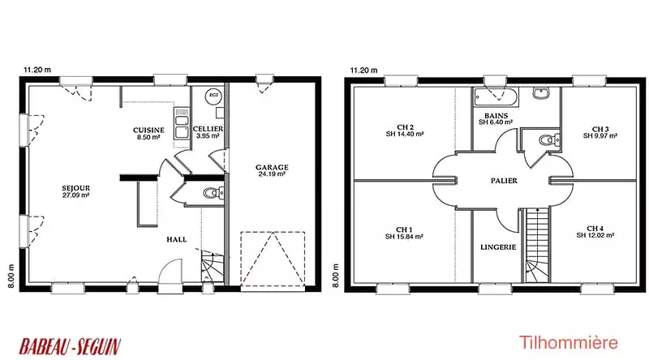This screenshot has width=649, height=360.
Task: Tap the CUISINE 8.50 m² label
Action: (x=148, y=133)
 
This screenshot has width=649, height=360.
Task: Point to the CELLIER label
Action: (x=208, y=129)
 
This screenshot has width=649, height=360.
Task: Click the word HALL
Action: (x=177, y=239)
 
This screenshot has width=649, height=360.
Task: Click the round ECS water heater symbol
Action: (x=213, y=96)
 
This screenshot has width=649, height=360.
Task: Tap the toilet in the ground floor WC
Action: (x=213, y=192)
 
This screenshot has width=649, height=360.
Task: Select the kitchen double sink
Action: (x=182, y=123)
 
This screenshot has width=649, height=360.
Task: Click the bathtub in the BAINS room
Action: (x=496, y=97)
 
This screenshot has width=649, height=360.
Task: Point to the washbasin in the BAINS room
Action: (x=541, y=93)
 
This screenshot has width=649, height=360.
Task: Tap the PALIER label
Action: (x=504, y=181)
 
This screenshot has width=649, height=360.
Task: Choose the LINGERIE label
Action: (x=498, y=247)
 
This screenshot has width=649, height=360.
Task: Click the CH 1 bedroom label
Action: (x=404, y=229)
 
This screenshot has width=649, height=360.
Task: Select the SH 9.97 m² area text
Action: (x=600, y=135)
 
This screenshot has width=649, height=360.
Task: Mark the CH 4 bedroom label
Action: (x=595, y=229)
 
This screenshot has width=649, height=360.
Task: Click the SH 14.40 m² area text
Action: (x=405, y=134)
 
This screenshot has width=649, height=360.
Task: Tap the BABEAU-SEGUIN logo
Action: (x=71, y=346)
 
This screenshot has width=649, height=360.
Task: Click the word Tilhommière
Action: (x=569, y=343)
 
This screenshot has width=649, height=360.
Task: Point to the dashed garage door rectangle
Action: (x=273, y=259)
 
